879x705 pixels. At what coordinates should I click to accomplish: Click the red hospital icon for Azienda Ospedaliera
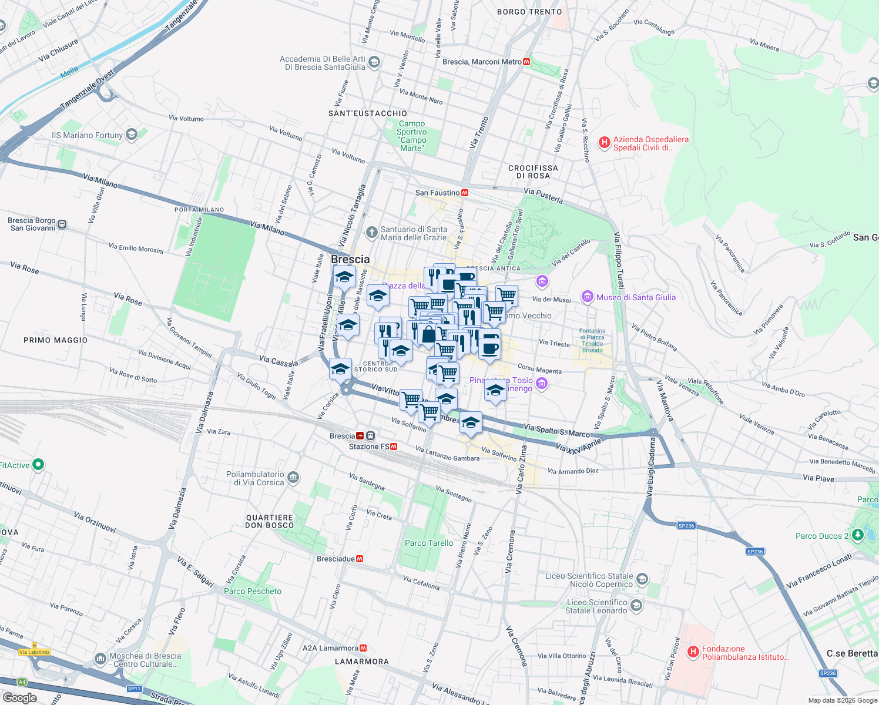[x=604, y=142]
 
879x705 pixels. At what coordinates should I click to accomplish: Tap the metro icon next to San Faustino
[x=465, y=193]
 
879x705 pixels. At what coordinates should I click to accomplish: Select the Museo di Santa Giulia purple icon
[x=587, y=297]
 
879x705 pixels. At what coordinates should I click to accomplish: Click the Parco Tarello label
[x=429, y=543]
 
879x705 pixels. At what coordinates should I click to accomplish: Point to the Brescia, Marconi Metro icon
[x=526, y=62]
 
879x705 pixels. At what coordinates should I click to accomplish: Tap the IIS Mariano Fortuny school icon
[x=132, y=135]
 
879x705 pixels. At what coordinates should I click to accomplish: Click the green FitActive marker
[x=38, y=465]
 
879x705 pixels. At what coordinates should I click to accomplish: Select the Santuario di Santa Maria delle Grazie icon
[x=371, y=233]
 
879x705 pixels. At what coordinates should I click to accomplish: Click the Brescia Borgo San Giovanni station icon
[x=62, y=224]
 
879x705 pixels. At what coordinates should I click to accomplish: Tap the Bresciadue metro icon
[x=360, y=559]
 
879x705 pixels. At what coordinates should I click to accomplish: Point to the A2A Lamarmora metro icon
[x=363, y=648]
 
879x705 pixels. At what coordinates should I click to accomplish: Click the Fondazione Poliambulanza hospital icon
[x=693, y=652]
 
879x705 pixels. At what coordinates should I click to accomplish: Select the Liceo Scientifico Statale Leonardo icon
[x=636, y=605]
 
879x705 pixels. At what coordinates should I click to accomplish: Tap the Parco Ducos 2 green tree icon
[x=858, y=535]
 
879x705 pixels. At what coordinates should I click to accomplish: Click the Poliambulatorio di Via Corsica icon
[x=294, y=478]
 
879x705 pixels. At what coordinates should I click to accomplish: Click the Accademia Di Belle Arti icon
[x=374, y=62]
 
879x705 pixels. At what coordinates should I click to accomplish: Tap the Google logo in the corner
[x=19, y=698]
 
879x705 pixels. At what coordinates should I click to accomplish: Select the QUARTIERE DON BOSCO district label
[x=269, y=521]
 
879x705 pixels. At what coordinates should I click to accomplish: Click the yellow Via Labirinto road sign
[x=34, y=652]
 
